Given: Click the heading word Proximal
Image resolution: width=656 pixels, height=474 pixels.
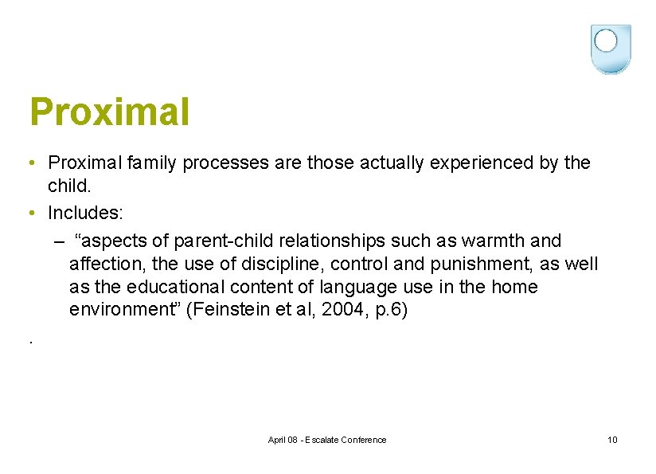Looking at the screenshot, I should (x=110, y=112).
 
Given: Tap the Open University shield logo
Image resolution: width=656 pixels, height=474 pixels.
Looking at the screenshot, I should (x=611, y=49).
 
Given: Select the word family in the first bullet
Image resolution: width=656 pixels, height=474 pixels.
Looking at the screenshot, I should (x=151, y=163).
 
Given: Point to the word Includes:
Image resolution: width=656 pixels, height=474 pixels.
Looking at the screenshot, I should (x=85, y=213).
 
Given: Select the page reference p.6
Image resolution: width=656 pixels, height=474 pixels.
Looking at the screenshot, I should (x=388, y=310).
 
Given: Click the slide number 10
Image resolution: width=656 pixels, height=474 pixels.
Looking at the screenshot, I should (x=611, y=440).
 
